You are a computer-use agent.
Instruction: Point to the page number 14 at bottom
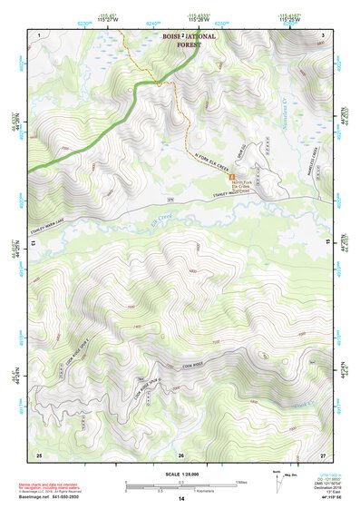point(180,500)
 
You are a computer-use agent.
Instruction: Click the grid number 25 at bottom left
point(39,454)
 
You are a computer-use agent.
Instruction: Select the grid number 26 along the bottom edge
point(180,454)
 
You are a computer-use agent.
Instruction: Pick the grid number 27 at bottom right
point(323,454)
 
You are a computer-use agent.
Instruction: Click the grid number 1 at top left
point(39,34)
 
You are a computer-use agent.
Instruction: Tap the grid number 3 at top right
point(323,34)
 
